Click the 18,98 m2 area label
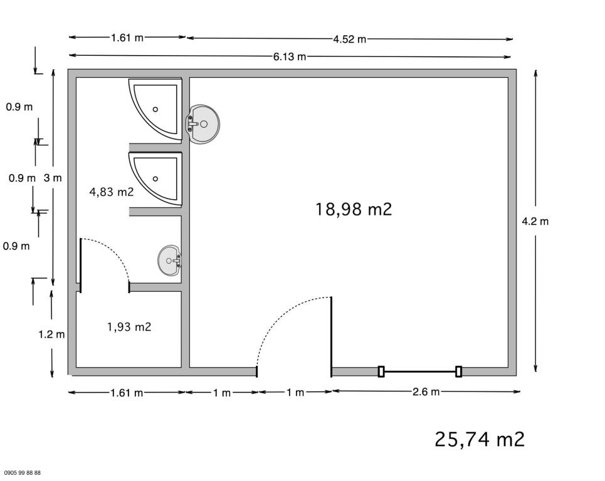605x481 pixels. (354, 210)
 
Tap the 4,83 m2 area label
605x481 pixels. (112, 192)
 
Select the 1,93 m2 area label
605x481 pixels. (129, 327)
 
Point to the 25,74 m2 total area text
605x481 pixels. (480, 440)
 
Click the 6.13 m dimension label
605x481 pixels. (290, 56)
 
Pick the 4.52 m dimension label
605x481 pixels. (350, 39)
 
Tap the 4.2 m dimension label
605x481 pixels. (535, 221)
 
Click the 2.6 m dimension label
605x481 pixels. (426, 392)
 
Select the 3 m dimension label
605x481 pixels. (53, 178)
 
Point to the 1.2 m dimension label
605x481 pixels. (51, 334)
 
